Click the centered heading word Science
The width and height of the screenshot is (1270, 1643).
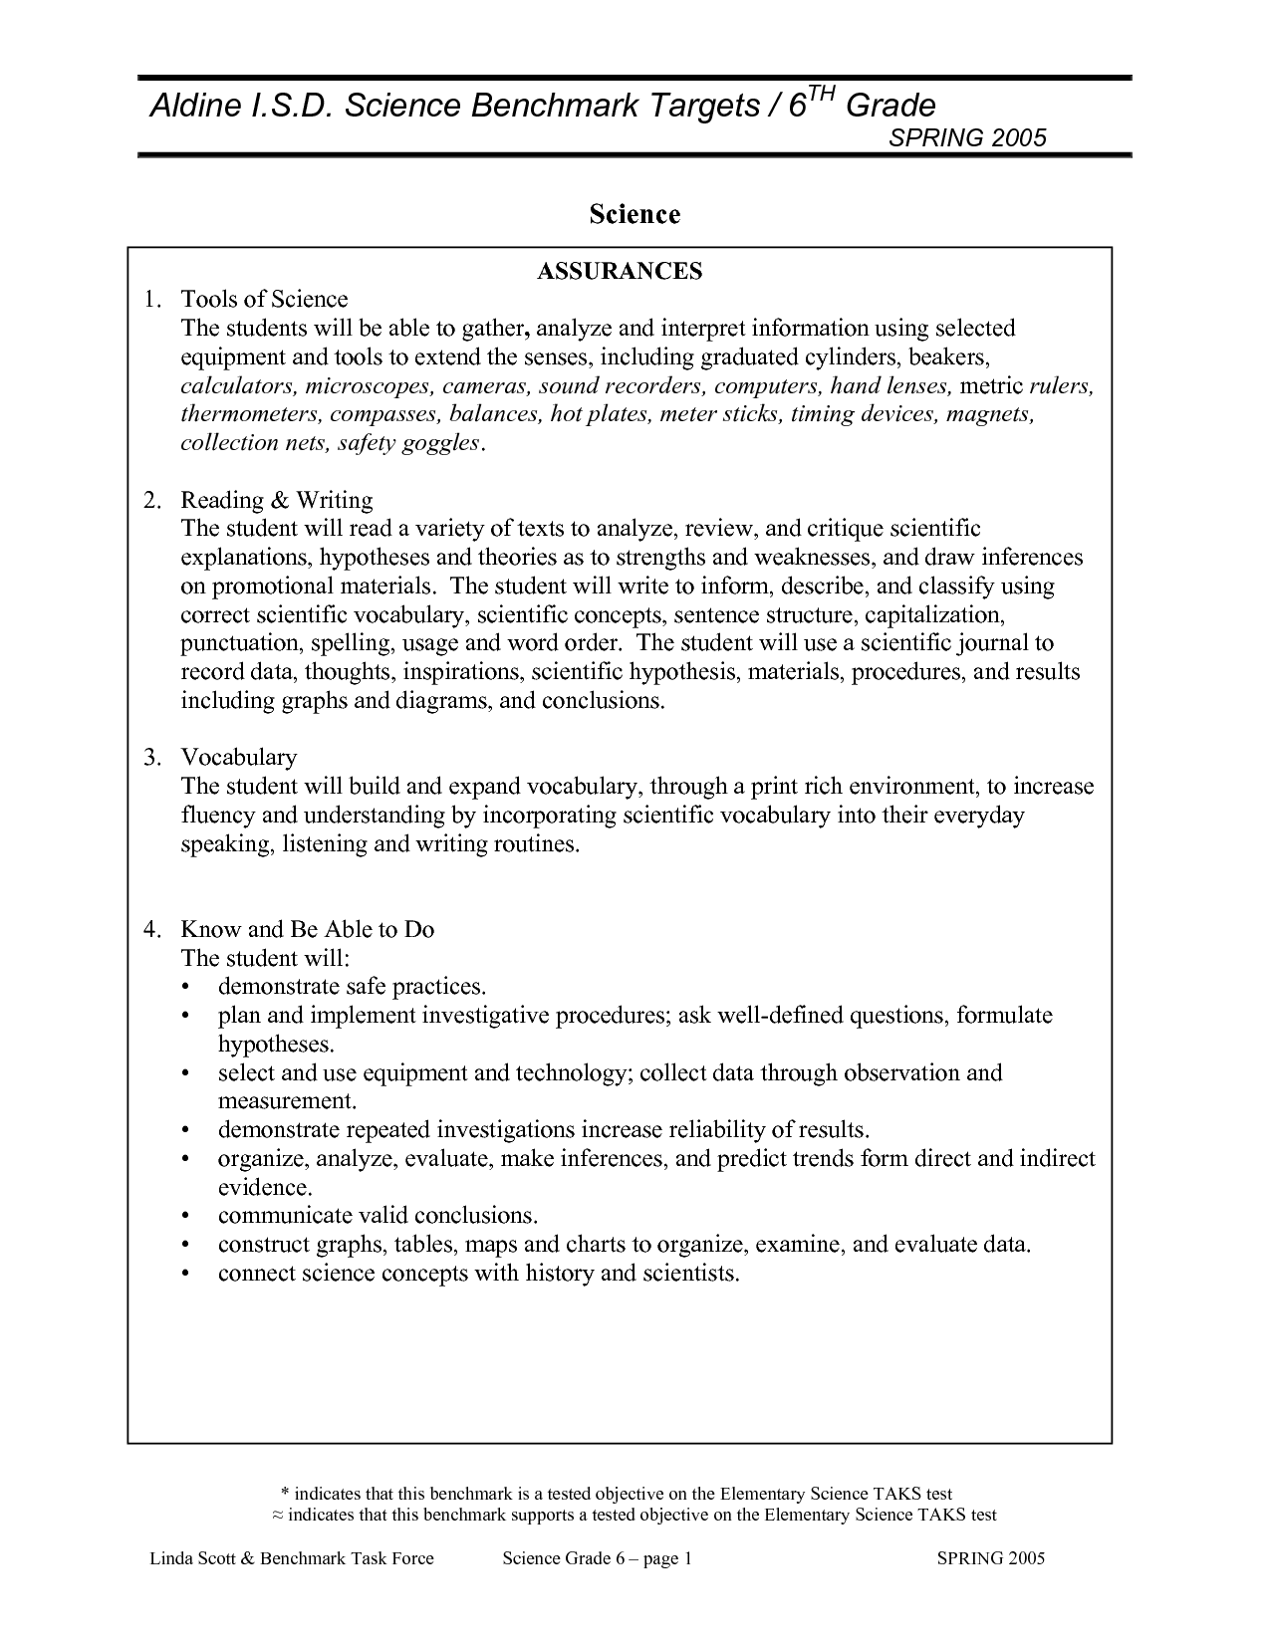tap(635, 214)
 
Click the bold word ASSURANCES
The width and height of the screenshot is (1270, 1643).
tap(620, 271)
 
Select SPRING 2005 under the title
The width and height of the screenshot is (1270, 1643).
tap(966, 138)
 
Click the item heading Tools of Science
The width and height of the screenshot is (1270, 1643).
tap(264, 299)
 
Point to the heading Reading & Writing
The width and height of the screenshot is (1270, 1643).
tap(276, 500)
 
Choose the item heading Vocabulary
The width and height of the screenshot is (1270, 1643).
tap(238, 757)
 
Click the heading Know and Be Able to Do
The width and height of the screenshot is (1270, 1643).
tap(307, 929)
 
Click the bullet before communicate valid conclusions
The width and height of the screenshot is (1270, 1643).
tap(186, 1217)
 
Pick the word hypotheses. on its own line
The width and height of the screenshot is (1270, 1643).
tap(276, 1045)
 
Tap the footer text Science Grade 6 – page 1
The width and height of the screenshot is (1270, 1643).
tap(597, 1558)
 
